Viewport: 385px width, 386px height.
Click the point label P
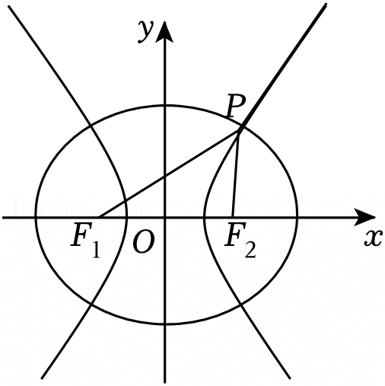236,106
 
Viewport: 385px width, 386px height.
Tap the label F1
85,240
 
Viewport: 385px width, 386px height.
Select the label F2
240,240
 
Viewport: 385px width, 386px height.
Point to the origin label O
144,243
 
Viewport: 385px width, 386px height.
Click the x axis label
373,238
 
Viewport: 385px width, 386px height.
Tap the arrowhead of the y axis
165,32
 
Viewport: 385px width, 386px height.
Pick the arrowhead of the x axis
364,217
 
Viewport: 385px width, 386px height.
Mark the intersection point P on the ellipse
241,128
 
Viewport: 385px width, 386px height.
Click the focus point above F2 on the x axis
233,217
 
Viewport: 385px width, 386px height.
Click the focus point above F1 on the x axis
98,217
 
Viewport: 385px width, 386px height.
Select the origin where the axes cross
165,217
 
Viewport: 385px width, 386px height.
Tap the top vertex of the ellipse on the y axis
165,105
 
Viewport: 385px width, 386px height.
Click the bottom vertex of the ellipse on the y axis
165,324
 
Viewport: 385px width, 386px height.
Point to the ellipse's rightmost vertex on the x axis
297,217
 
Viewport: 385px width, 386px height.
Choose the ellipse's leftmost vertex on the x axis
36,217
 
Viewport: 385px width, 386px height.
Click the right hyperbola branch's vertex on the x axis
204,217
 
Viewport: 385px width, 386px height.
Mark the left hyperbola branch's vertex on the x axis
126,217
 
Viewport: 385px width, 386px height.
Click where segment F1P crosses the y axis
165,176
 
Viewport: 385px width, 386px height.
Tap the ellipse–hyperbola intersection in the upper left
90,126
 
